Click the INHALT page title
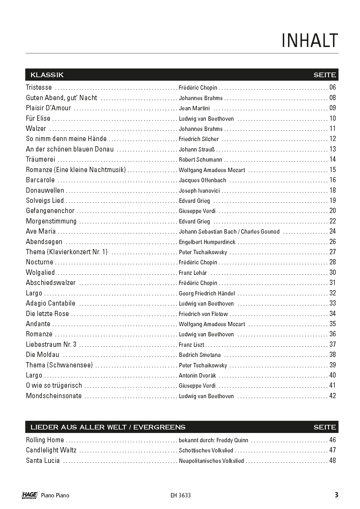[x=310, y=40]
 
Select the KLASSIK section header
[x=47, y=75]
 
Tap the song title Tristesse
[x=39, y=87]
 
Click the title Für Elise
[x=38, y=118]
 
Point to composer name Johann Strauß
[x=197, y=149]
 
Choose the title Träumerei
[x=40, y=159]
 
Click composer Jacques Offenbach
[x=202, y=180]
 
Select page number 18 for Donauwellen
[x=332, y=190]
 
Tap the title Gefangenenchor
[x=50, y=211]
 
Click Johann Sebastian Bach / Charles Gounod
[x=229, y=232]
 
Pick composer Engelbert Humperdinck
[x=207, y=242]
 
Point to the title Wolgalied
[x=40, y=272]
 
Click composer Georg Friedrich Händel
[x=207, y=293]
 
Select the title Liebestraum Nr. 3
[x=51, y=344]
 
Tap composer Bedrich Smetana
[x=200, y=355]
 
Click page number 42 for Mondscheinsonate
[x=332, y=396]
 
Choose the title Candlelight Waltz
[x=51, y=450]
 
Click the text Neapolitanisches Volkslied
[x=211, y=461]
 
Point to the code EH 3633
[x=181, y=495]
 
